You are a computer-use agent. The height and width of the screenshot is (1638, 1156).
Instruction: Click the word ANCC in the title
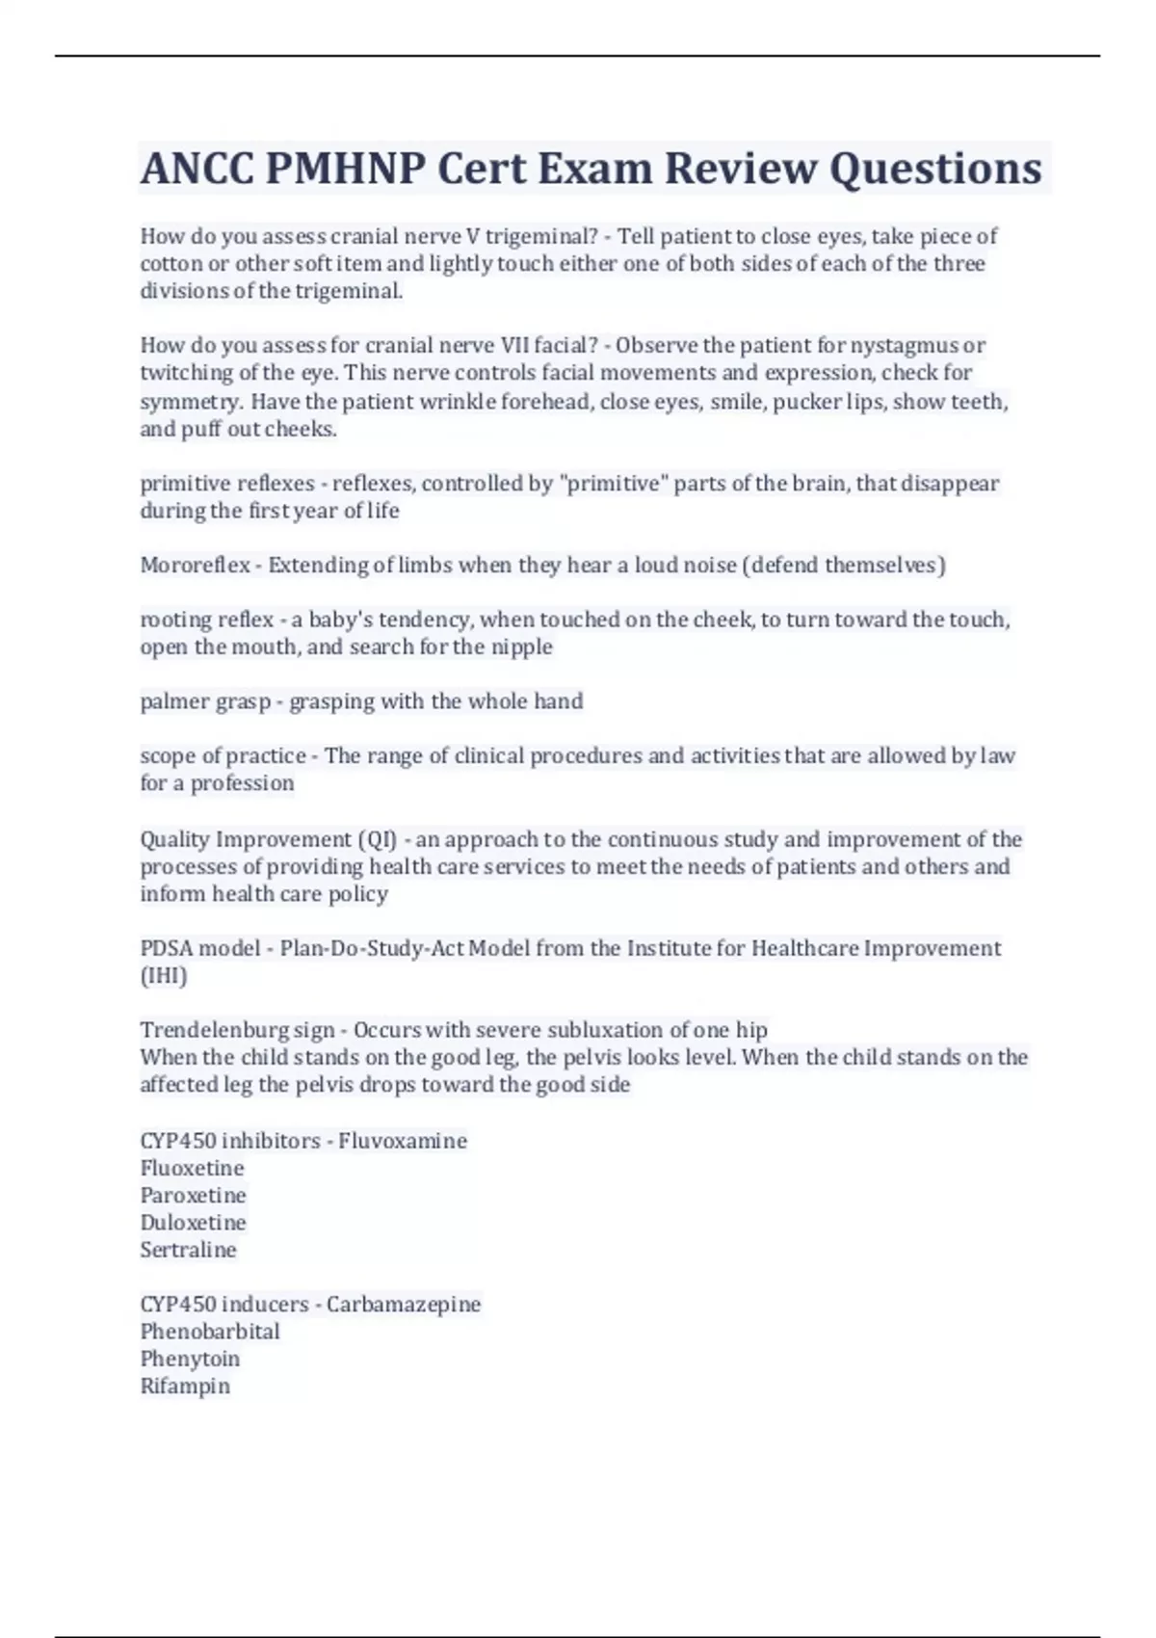tap(197, 169)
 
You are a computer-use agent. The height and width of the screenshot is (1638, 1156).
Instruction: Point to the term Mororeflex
tap(195, 566)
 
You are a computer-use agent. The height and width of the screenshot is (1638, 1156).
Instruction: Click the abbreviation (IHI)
tap(164, 976)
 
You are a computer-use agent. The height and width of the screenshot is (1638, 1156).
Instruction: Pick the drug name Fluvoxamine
tap(402, 1141)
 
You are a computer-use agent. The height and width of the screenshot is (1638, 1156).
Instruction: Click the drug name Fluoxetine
tap(192, 1169)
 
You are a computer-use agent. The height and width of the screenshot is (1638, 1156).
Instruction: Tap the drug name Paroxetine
tap(193, 1196)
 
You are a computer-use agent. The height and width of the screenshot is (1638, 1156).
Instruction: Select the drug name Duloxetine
tap(193, 1223)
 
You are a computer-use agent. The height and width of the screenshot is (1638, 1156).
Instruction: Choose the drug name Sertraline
tap(188, 1250)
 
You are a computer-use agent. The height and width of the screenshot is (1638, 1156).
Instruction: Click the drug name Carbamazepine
tap(403, 1305)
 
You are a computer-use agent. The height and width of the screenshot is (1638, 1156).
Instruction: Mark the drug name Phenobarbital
tap(210, 1332)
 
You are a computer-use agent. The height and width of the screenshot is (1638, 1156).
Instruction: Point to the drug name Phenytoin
tap(190, 1360)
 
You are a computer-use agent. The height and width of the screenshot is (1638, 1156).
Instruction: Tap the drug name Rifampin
tap(185, 1387)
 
